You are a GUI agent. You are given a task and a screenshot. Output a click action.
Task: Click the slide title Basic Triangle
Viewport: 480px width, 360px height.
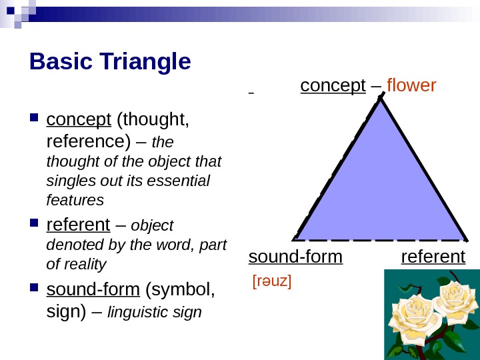tap(110, 62)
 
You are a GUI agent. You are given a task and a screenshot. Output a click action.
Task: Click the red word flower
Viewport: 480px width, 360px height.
tap(411, 86)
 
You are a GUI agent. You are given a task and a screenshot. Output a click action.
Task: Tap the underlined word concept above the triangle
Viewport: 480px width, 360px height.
tap(333, 86)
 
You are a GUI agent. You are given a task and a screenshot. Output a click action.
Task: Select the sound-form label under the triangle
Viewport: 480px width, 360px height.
tap(295, 257)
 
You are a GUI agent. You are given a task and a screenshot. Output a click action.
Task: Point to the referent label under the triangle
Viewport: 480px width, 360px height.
tap(433, 257)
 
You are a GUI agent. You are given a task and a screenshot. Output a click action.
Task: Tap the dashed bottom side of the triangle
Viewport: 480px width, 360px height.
tap(380, 239)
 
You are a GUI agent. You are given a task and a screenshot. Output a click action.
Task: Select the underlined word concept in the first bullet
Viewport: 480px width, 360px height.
tap(79, 120)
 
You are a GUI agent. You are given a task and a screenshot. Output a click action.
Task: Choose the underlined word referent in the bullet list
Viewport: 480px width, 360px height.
tap(78, 224)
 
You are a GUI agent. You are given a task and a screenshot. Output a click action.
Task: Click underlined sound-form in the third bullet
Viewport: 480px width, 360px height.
tap(93, 290)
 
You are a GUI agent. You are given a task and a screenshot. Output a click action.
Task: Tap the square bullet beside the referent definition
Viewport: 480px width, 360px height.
tap(35, 224)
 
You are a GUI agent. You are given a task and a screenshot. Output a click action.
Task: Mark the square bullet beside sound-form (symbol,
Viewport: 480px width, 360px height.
tap(35, 290)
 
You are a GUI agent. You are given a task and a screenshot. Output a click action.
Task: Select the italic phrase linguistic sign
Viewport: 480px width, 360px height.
tap(154, 312)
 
